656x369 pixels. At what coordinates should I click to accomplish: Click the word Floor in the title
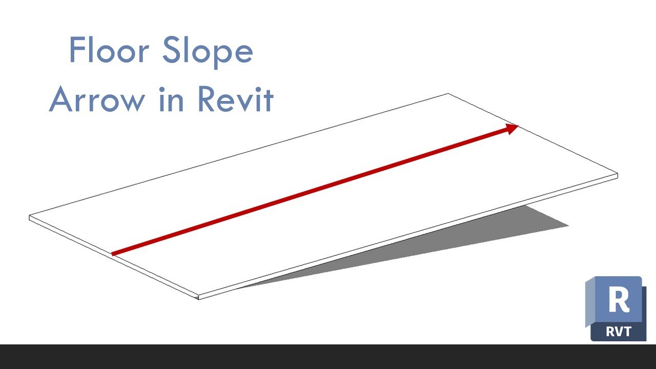point(110,49)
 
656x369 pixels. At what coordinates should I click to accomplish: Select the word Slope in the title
point(208,52)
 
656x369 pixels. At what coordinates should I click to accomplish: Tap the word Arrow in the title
point(97,99)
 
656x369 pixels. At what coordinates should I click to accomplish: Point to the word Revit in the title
point(236,99)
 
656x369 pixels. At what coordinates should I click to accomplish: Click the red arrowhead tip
point(519,126)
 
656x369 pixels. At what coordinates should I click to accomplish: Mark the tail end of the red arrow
point(112,254)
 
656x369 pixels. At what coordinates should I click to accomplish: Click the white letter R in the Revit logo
point(619,299)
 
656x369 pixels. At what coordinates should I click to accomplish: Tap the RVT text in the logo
point(618,332)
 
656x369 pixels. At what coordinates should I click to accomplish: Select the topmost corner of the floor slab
point(448,94)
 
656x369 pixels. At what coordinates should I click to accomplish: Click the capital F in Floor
point(77,50)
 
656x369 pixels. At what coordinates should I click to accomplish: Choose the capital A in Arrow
point(61,99)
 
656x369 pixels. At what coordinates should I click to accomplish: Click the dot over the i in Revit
point(258,89)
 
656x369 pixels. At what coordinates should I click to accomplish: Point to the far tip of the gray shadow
point(568,226)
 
